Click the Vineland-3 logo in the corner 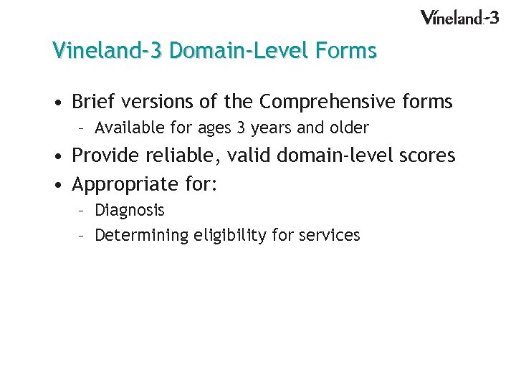coord(459,17)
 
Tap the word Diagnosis coord(130,210)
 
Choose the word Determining coord(141,235)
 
